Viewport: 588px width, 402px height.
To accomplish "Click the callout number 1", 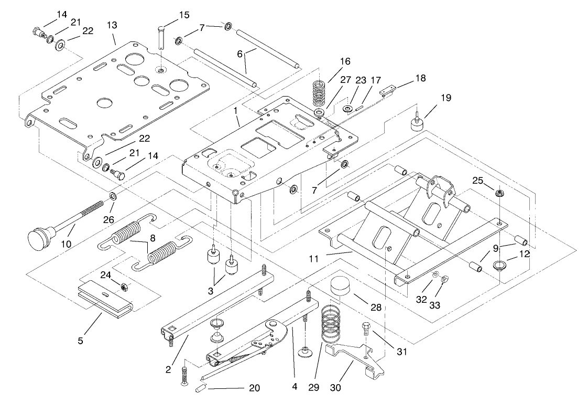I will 236,111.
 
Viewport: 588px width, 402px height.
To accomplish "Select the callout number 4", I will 295,388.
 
